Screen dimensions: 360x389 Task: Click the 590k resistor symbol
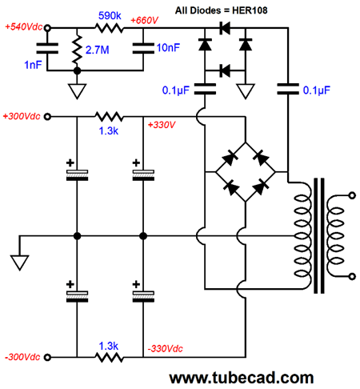(x=110, y=28)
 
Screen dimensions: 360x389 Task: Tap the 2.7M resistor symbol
(x=77, y=50)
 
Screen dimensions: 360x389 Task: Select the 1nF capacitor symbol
(x=47, y=48)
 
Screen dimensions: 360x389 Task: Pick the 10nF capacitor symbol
(x=143, y=48)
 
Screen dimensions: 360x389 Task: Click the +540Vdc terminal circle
(x=47, y=27)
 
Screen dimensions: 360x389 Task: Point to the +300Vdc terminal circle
(x=47, y=117)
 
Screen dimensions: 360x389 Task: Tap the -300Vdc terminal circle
(x=47, y=357)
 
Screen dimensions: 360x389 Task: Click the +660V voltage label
(x=144, y=20)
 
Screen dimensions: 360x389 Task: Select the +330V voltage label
(x=162, y=125)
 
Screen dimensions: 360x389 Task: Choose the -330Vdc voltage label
(x=166, y=348)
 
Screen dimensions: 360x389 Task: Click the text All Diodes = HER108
(x=221, y=10)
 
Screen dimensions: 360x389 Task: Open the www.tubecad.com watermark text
(x=242, y=378)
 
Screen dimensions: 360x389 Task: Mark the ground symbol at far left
(x=20, y=263)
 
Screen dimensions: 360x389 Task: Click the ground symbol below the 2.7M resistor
(x=77, y=91)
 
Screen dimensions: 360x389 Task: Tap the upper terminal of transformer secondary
(x=352, y=195)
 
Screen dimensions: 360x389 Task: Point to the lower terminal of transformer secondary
(x=352, y=276)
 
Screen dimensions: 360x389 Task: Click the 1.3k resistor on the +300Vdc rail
(x=110, y=117)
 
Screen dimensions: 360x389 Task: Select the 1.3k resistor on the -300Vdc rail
(x=110, y=357)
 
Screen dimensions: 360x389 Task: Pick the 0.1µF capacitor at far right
(x=288, y=89)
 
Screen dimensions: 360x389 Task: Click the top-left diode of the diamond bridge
(x=230, y=158)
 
